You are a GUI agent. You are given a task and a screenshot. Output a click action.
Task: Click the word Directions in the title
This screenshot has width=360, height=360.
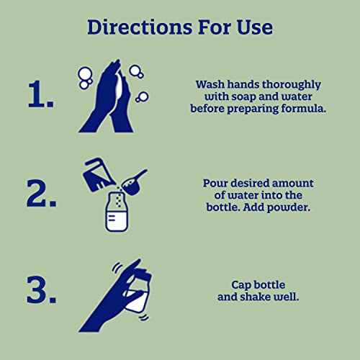coord(140,27)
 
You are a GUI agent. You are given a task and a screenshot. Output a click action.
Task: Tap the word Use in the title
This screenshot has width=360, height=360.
coord(255,27)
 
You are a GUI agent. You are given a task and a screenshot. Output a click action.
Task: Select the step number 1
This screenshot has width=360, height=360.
coord(41,94)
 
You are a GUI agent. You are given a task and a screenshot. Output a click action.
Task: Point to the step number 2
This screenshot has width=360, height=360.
coord(42,193)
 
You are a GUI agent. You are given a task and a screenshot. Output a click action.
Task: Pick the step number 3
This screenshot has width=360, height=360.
coord(42,289)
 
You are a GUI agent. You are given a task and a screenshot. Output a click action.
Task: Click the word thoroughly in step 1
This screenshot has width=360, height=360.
coord(292,85)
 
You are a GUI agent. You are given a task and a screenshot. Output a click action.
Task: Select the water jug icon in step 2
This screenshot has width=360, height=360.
coord(97,174)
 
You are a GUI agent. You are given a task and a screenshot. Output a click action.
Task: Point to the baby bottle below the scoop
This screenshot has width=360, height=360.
coord(117,212)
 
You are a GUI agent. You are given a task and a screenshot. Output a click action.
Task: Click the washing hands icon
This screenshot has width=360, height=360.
coord(113,96)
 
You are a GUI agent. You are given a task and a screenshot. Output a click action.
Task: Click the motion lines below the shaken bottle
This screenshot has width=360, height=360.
coord(144,318)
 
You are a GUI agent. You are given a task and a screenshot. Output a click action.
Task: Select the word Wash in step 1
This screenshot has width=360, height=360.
coord(210,85)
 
